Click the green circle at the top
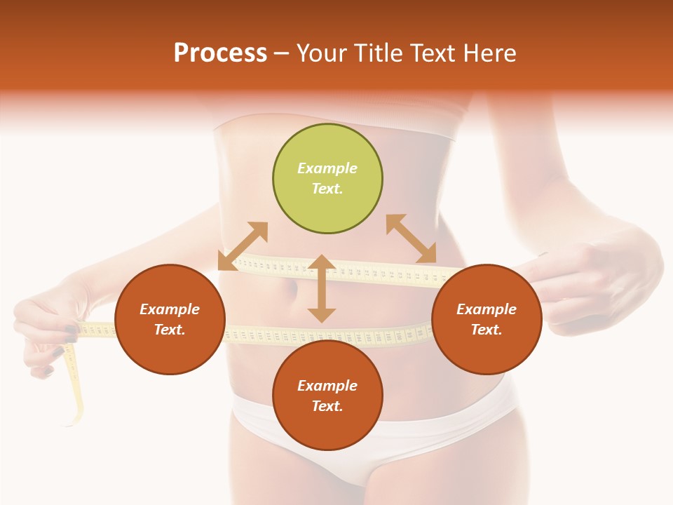point(327,179)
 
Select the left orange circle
point(170,319)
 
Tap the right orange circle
point(487,319)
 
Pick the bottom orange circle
point(327,396)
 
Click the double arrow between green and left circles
point(243,245)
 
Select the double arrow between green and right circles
point(412,238)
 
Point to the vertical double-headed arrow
point(322,288)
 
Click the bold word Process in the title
point(220,53)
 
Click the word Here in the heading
point(490,53)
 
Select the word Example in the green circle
point(327,168)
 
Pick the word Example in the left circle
point(170,309)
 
